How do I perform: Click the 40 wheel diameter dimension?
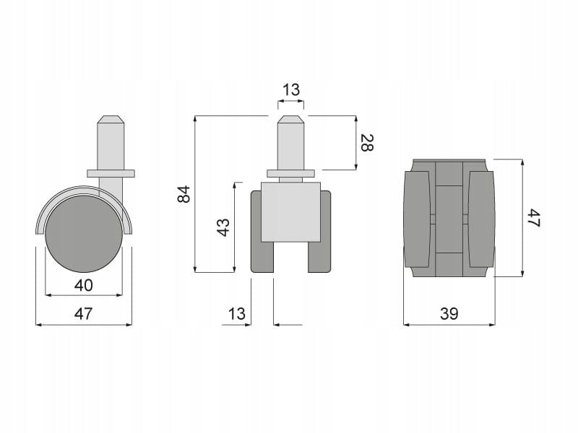tap(84, 285)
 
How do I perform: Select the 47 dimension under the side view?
tap(84, 314)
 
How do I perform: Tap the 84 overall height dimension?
tap(184, 194)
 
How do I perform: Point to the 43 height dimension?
tap(223, 227)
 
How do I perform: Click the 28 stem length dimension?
tap(367, 143)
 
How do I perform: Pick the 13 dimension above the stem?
tap(291, 89)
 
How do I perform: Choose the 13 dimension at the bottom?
tap(236, 314)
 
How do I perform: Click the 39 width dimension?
tap(449, 314)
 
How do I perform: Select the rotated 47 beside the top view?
tap(533, 218)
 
